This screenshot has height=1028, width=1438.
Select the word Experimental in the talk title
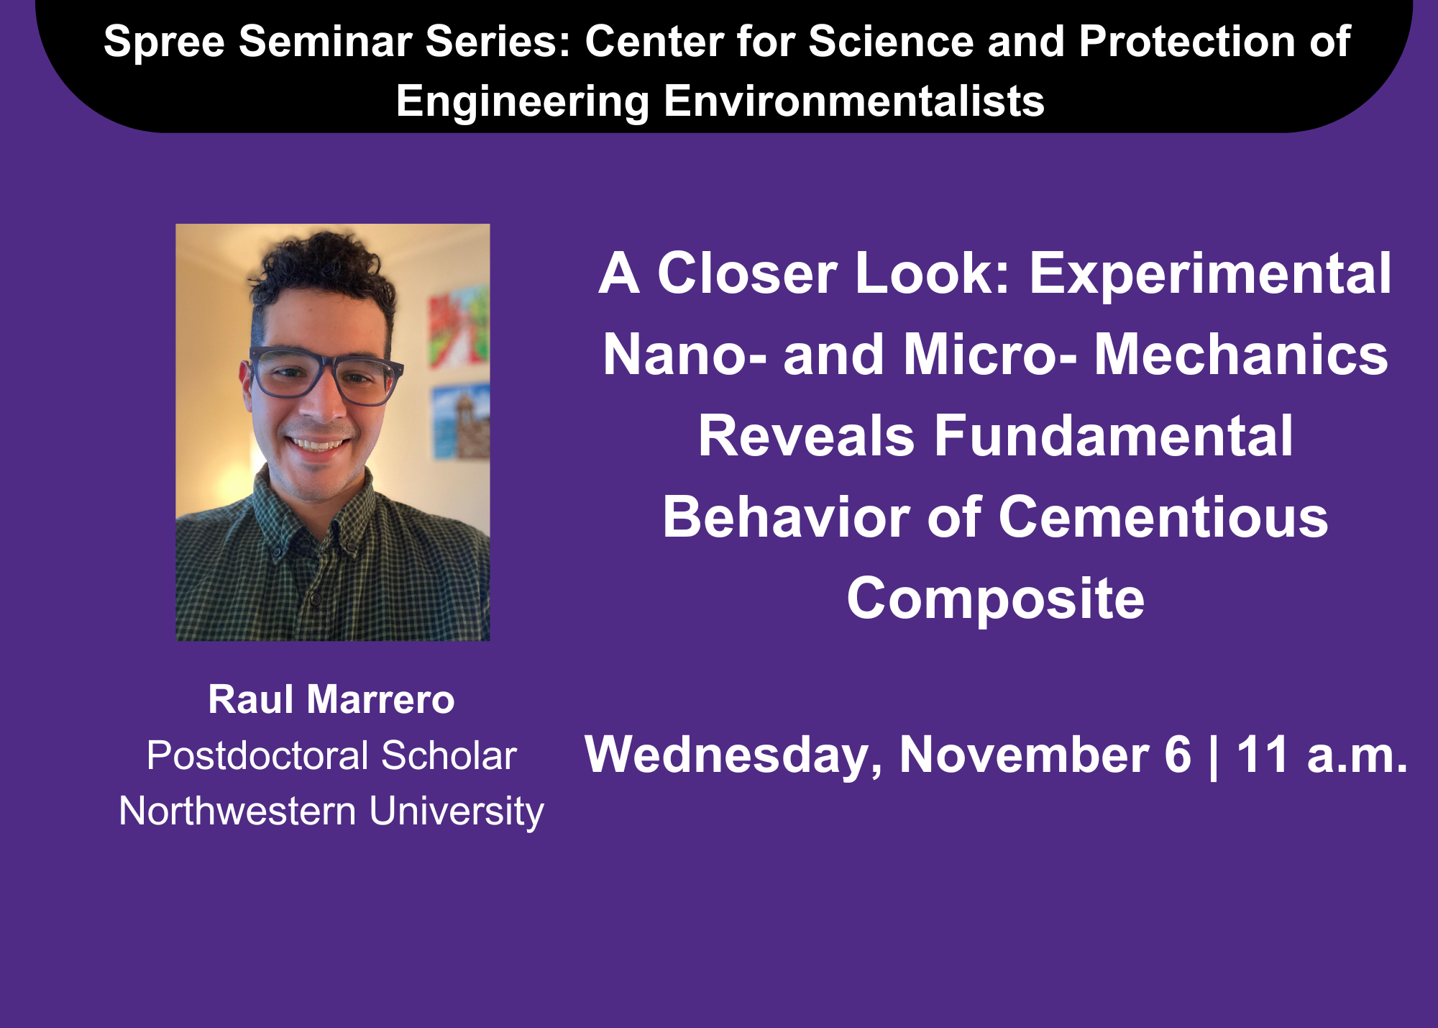point(1210,274)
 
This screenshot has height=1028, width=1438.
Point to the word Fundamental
point(1114,436)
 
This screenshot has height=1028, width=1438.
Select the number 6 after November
point(1178,755)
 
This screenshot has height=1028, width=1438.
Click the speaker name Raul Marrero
point(331,699)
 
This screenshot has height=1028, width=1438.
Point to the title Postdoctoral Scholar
point(331,755)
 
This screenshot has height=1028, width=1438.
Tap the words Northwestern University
point(331,811)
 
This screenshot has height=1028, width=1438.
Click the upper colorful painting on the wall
point(459,325)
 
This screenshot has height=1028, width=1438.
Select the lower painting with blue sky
point(461,422)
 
